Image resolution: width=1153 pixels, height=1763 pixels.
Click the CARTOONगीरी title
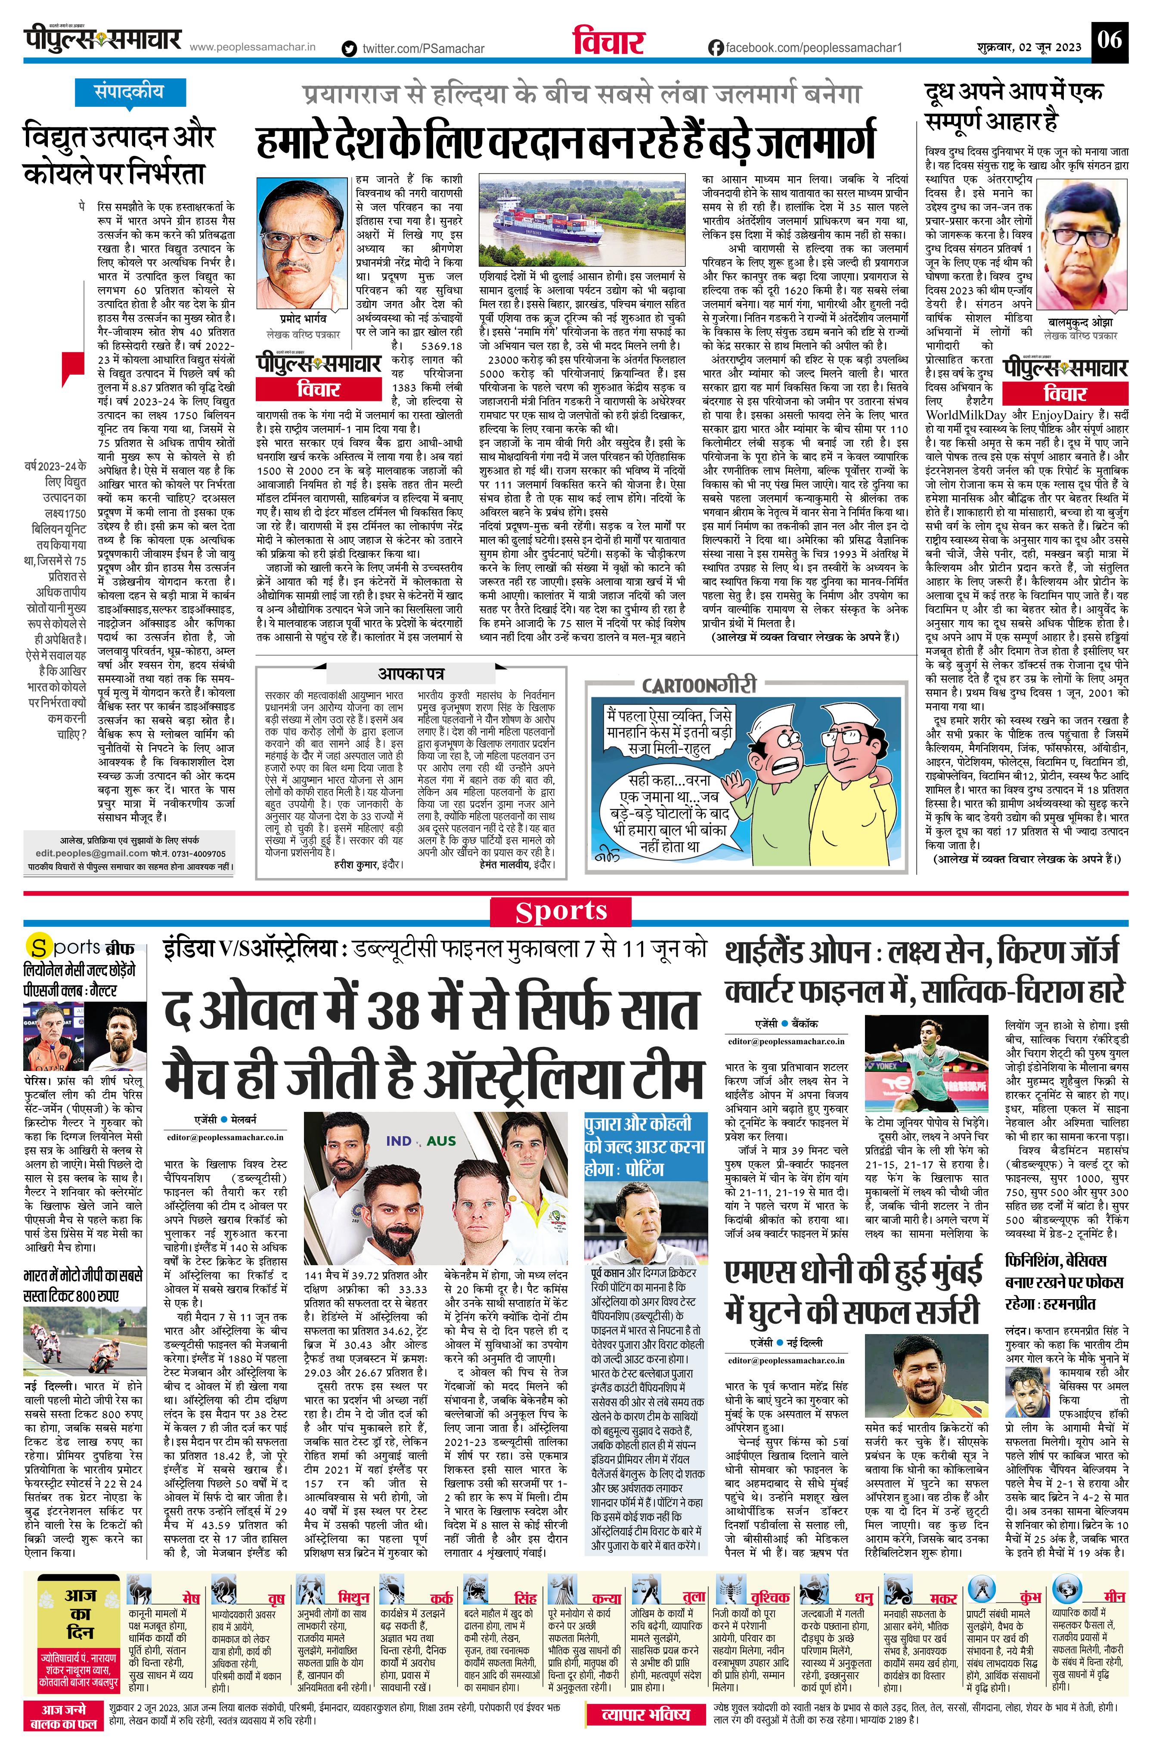pyautogui.click(x=699, y=684)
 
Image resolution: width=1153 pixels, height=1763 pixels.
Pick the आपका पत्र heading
pyautogui.click(x=411, y=674)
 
